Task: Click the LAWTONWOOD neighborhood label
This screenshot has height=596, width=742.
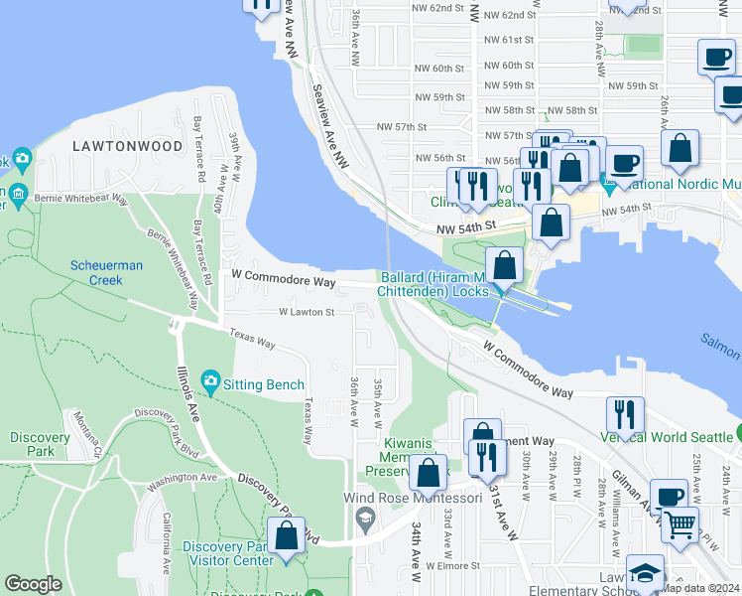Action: [127, 146]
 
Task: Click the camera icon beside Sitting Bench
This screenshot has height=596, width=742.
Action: [209, 381]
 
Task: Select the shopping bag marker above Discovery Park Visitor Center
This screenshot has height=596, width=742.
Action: [286, 535]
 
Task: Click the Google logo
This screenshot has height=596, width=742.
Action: [33, 584]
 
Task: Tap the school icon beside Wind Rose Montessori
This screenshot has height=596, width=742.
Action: [365, 516]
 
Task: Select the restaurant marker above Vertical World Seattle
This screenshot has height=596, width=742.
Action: [625, 412]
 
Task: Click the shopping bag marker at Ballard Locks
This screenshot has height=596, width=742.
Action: [504, 265]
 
